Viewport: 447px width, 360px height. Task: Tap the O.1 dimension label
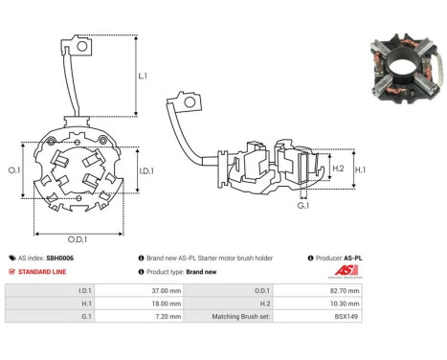(14, 169)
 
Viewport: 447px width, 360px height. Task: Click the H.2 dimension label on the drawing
(337, 169)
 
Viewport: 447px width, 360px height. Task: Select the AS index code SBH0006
(58, 259)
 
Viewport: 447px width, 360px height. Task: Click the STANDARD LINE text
(47, 272)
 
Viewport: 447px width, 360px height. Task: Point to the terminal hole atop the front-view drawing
(83, 45)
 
